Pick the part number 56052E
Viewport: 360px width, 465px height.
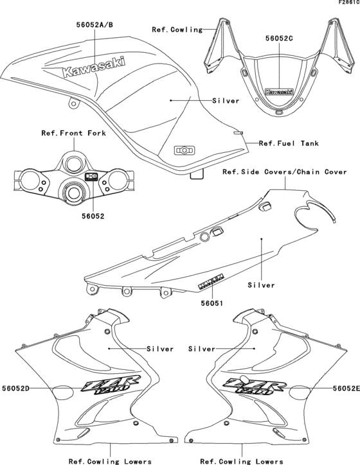pos(345,389)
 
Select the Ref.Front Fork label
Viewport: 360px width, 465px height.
pos(73,134)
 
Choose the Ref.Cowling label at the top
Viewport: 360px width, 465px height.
pos(177,30)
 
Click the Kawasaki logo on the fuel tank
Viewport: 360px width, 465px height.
pos(94,70)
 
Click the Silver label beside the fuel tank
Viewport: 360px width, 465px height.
pos(225,101)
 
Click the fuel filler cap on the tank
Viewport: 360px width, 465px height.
pos(184,150)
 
